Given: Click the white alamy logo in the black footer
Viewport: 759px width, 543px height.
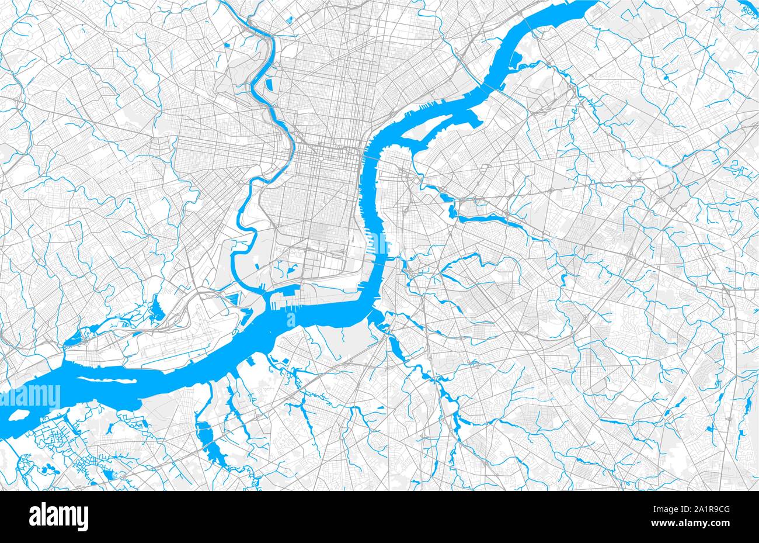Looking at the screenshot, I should (x=58, y=517).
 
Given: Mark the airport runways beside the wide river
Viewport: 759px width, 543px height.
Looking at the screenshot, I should (x=175, y=345).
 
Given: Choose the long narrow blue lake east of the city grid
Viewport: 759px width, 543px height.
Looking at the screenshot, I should (x=490, y=220).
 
